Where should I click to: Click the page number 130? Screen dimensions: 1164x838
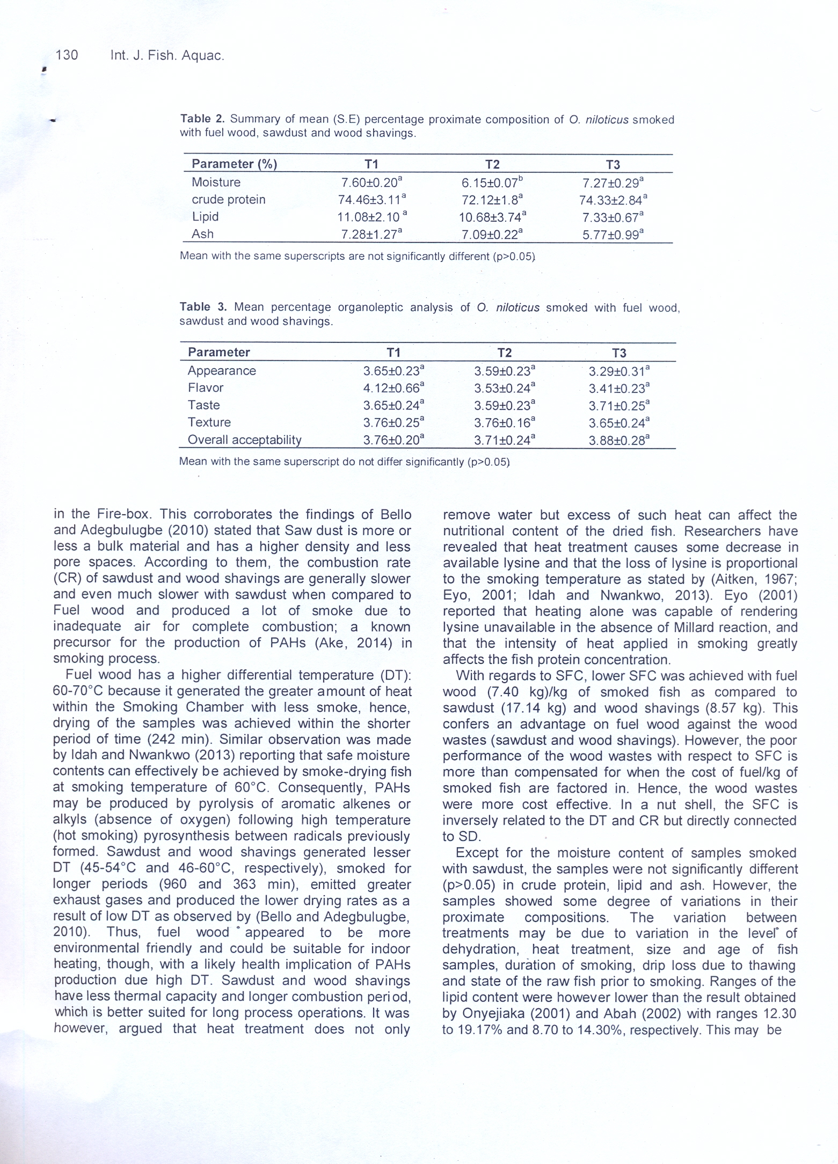67,55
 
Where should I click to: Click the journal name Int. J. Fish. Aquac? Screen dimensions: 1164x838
167,55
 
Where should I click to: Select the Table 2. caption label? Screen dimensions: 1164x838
202,119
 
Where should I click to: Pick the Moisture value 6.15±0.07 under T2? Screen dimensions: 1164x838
492,183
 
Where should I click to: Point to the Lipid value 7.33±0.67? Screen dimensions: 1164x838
613,217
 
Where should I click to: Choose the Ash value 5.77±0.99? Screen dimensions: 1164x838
613,235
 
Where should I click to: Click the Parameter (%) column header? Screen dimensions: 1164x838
234,164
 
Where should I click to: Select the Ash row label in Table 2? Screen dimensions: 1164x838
202,234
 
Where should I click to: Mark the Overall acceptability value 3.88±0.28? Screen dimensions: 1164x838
618,441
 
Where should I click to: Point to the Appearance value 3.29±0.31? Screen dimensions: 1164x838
618,371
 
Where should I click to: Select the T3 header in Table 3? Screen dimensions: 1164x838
619,353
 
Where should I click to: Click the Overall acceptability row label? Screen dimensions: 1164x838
244,440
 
